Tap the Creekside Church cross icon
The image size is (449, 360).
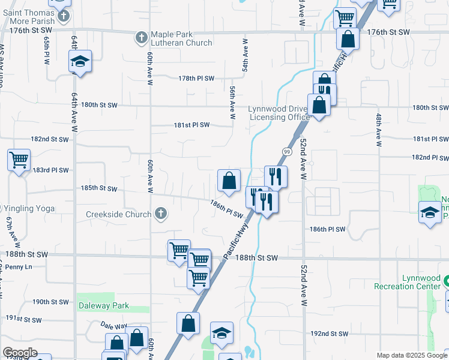pos(160,214)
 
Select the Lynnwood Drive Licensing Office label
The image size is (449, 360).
pos(279,113)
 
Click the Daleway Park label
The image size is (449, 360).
pos(104,305)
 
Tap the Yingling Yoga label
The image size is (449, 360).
pos(29,208)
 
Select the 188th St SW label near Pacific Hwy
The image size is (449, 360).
pos(256,257)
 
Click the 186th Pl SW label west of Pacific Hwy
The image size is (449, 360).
pos(226,209)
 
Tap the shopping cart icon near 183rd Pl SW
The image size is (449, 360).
pos(19,160)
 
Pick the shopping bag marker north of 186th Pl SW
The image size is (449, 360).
pos(229,180)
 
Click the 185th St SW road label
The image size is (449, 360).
pos(99,188)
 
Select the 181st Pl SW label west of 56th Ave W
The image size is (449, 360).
pos(191,125)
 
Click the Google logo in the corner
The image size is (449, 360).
pos(20,353)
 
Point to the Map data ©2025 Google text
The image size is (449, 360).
pos(411,355)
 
